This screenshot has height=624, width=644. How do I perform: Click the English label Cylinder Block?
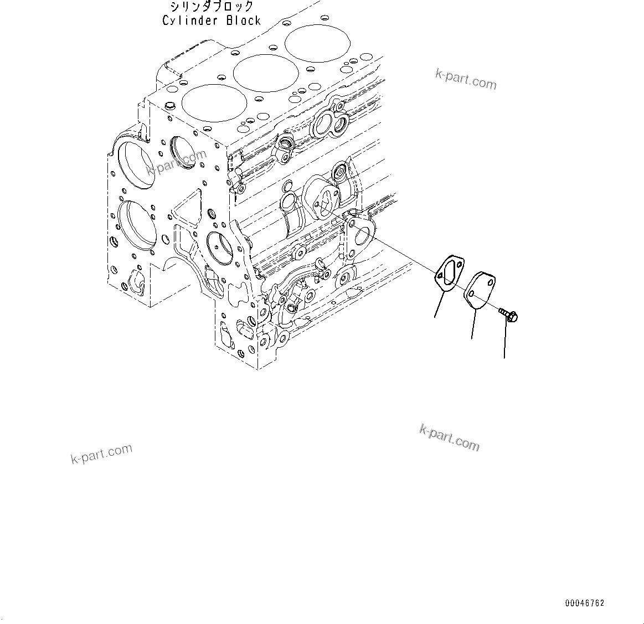tap(211, 20)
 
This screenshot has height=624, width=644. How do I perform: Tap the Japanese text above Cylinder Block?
tap(212, 7)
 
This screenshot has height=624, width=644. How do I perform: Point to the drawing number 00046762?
tap(585, 603)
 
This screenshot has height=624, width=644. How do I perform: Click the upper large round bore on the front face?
tap(135, 161)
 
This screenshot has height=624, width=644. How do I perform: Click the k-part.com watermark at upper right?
tap(466, 80)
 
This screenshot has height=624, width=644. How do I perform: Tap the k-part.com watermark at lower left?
tap(102, 453)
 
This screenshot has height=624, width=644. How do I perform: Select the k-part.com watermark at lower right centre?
tap(449, 437)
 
